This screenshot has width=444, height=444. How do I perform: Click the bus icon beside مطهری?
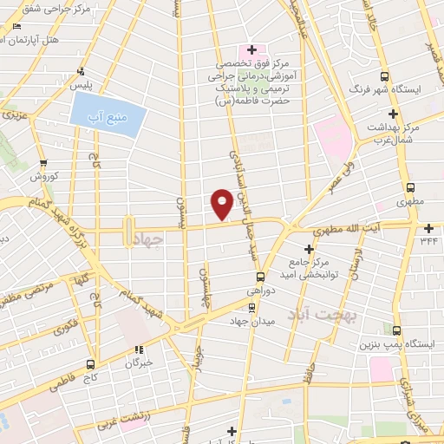pos(412,186)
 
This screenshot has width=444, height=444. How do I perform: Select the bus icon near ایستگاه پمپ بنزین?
pos(396,330)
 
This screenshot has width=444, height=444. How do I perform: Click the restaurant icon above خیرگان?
pos(136,349)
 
